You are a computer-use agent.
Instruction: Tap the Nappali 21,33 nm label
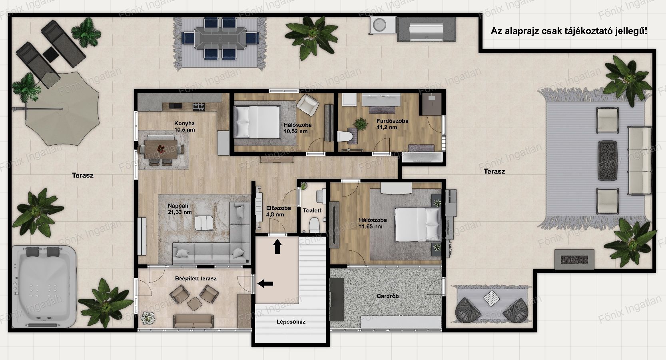[x=179, y=209]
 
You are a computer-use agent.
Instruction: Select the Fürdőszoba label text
[x=392, y=121]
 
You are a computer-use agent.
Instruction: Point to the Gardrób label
[x=387, y=296]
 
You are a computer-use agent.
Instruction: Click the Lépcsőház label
[x=291, y=322]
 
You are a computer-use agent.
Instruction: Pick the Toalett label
[x=312, y=210]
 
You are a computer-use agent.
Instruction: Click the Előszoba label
[x=278, y=208]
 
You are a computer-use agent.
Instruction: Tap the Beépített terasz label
[x=195, y=279]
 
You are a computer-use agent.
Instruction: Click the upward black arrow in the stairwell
[x=277, y=247]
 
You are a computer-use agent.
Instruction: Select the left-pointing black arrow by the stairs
[x=265, y=284]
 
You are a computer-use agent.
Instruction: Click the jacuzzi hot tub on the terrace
[x=44, y=286]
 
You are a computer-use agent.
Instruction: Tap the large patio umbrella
[x=62, y=109]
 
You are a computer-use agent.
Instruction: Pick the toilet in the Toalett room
[x=314, y=225]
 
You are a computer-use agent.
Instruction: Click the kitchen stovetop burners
[x=199, y=107]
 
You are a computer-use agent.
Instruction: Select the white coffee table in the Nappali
[x=203, y=223]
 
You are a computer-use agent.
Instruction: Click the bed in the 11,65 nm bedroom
[x=417, y=224]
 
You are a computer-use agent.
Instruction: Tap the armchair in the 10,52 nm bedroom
[x=308, y=105]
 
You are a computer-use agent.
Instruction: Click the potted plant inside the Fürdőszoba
[x=360, y=124]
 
